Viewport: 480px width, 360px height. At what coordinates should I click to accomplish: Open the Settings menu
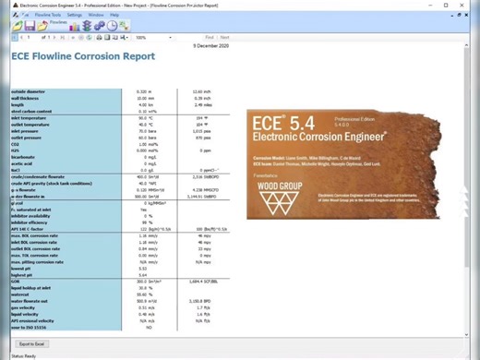pos(75,15)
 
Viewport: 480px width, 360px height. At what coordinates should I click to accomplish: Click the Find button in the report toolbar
pos(209,37)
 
